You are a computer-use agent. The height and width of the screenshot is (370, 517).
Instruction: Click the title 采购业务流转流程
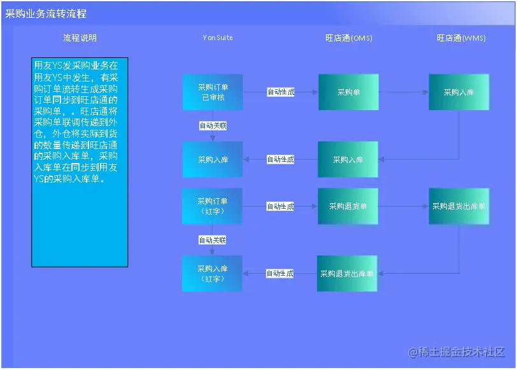pyautogui.click(x=46, y=13)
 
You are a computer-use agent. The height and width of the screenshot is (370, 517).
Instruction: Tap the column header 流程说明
pyautogui.click(x=80, y=38)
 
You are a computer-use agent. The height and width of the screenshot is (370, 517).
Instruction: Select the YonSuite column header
pyautogui.click(x=218, y=38)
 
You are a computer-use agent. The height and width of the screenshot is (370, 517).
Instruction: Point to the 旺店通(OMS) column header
pyautogui.click(x=349, y=38)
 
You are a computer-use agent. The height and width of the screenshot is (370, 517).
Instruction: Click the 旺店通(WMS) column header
pyautogui.click(x=461, y=38)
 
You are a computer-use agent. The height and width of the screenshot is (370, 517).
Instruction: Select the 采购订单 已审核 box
pyautogui.click(x=213, y=92)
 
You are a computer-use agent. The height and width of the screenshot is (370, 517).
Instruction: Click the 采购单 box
pyautogui.click(x=348, y=92)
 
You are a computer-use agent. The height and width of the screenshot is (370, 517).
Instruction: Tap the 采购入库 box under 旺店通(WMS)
pyautogui.click(x=459, y=92)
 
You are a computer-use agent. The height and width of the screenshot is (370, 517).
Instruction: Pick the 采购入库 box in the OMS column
pyautogui.click(x=348, y=160)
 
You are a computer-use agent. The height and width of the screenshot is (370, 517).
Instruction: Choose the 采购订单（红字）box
pyautogui.click(x=213, y=206)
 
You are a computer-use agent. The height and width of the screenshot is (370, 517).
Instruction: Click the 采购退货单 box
pyautogui.click(x=348, y=206)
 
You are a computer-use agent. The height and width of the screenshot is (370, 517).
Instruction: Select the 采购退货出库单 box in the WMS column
pyautogui.click(x=459, y=206)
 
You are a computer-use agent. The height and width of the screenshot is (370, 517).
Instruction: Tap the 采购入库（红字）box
pyautogui.click(x=213, y=274)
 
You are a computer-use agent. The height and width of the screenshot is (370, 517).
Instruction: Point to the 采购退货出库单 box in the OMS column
pyautogui.click(x=347, y=274)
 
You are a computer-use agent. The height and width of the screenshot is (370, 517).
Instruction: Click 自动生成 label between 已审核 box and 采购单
pyautogui.click(x=281, y=92)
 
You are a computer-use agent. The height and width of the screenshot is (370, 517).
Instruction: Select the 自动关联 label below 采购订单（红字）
pyautogui.click(x=213, y=240)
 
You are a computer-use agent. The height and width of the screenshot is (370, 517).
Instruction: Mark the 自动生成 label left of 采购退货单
pyautogui.click(x=281, y=206)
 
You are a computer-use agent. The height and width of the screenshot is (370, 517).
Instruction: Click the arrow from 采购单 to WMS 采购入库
pyautogui.click(x=404, y=92)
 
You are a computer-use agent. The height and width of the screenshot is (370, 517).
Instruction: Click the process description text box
pyautogui.click(x=80, y=162)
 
